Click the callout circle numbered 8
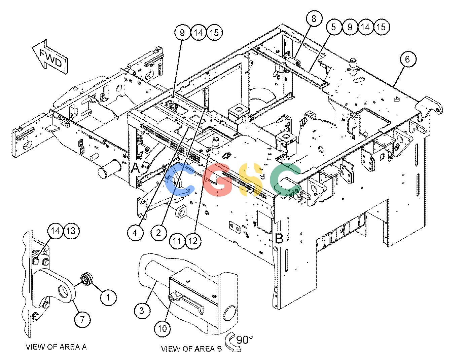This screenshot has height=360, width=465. click(x=314, y=18)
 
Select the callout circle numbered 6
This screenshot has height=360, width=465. click(x=407, y=59)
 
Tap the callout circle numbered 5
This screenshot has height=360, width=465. click(x=334, y=27)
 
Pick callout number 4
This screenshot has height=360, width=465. click(x=135, y=233)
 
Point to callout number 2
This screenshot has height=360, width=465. click(x=158, y=233)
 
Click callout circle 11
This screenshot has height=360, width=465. click(x=177, y=241)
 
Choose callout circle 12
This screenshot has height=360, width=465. click(x=193, y=241)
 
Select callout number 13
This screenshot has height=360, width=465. click(x=71, y=231)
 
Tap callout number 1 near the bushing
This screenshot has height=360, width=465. click(x=108, y=297)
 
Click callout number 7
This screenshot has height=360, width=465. click(x=82, y=319)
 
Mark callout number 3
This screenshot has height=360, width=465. click(x=142, y=311)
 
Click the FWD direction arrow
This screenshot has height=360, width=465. click(x=50, y=57)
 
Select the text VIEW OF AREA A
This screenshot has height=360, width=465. click(x=56, y=347)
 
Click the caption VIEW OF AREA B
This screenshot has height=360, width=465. click(x=191, y=349)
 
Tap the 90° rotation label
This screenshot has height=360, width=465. click(x=244, y=340)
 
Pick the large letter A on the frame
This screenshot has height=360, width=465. click(x=136, y=168)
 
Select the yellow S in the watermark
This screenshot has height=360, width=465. click(x=250, y=179)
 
